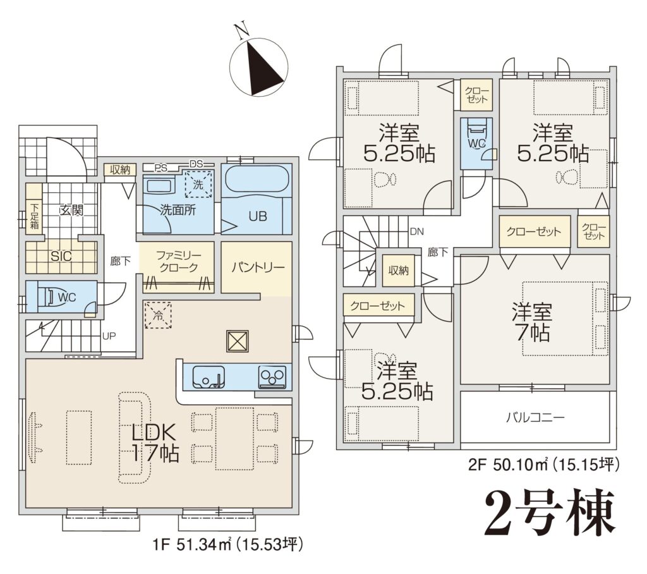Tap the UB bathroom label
tap(258, 216)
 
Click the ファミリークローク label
tap(178, 261)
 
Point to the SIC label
tap(61, 257)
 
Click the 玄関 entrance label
tap(71, 210)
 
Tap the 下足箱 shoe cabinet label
tap(34, 215)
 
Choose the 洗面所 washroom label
tap(178, 210)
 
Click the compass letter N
tap(241, 30)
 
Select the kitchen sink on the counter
tap(208, 377)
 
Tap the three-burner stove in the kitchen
tap(272, 377)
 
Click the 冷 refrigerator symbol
tap(158, 315)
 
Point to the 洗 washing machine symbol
tap(198, 184)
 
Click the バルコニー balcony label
tap(535, 417)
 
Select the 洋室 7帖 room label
tap(532, 322)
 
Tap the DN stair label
tap(417, 231)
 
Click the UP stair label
tap(109, 336)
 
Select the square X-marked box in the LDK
tap(238, 341)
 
